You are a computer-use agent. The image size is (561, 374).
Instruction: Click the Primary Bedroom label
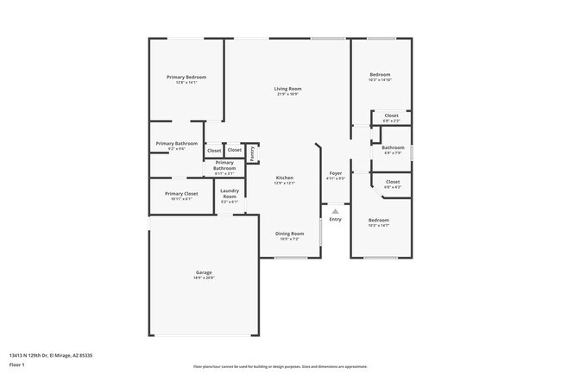pos(186,78)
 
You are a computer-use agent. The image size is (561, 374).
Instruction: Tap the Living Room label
pos(287,89)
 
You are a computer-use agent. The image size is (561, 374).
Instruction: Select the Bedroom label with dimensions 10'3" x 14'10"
pos(380,75)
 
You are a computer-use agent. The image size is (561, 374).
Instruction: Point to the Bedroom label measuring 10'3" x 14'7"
pos(380,220)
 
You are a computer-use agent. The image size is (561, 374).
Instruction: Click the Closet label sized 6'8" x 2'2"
pos(391,115)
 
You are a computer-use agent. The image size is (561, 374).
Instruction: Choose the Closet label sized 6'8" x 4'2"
pos(392,182)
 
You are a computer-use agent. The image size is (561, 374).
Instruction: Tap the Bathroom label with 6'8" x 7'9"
pos(393,147)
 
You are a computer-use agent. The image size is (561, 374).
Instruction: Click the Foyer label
pos(336,174)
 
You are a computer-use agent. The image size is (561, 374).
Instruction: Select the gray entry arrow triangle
pos(335,210)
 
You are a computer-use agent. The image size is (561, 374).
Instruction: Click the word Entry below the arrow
pos(335,219)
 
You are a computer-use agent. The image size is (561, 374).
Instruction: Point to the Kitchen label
pos(285,178)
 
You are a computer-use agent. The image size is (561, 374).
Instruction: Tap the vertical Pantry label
pos(251,153)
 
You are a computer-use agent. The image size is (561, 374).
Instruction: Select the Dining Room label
pos(289,234)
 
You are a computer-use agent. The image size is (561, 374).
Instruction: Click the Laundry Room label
pos(230,194)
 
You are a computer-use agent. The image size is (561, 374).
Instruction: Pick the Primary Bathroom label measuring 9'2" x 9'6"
pos(177,143)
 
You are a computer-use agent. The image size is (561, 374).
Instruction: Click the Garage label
pos(203,272)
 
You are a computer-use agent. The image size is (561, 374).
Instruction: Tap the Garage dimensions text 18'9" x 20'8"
pos(203,278)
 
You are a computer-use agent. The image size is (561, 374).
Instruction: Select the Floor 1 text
pos(17,365)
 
